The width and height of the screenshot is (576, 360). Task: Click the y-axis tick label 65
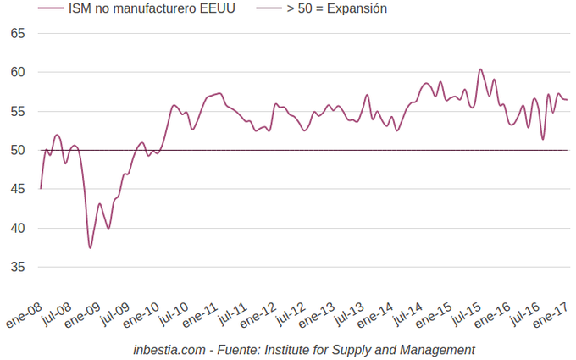coord(18,33)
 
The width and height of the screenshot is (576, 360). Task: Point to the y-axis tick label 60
coord(18,72)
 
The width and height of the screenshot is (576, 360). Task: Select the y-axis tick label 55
coord(18,111)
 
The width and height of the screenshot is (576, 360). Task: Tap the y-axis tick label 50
coord(18,150)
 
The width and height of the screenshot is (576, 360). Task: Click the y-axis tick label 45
coord(18,189)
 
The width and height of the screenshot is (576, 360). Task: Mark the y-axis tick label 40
coord(18,228)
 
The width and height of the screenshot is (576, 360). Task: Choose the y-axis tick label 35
coord(18,267)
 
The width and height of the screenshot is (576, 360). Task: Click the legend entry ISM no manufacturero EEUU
coord(152,9)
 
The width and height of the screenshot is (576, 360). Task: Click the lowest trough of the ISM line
coord(90,247)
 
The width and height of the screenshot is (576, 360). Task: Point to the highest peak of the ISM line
coord(480,69)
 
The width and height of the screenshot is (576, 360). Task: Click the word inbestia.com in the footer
coord(169,350)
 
